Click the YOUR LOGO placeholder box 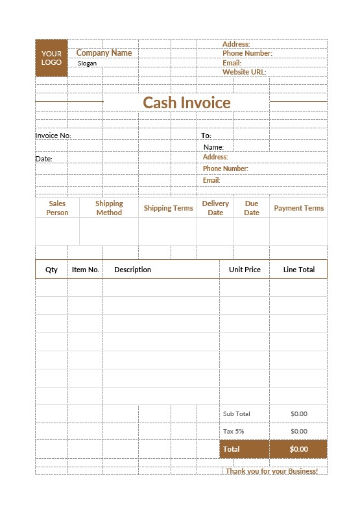click(51, 58)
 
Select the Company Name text click(104, 53)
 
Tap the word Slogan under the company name click(87, 64)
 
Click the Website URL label click(244, 73)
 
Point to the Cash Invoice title click(186, 102)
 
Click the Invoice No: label click(53, 135)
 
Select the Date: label click(43, 159)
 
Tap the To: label click(206, 135)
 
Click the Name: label click(213, 147)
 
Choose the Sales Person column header click(57, 208)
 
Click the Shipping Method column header click(109, 208)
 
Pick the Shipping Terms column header click(168, 208)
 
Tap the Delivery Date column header click(215, 208)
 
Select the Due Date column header click(252, 208)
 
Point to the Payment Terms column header click(298, 208)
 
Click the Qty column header click(51, 270)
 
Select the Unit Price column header click(245, 270)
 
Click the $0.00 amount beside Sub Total click(298, 413)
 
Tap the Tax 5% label click(234, 431)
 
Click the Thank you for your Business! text click(272, 471)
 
